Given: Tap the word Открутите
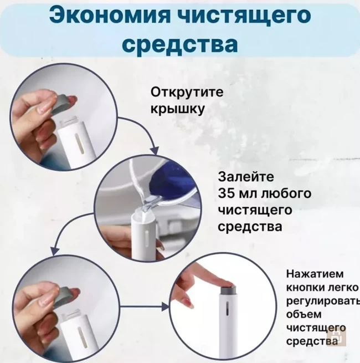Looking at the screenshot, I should (187, 92).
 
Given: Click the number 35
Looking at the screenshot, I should (229, 194).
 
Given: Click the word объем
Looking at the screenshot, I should (302, 315).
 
